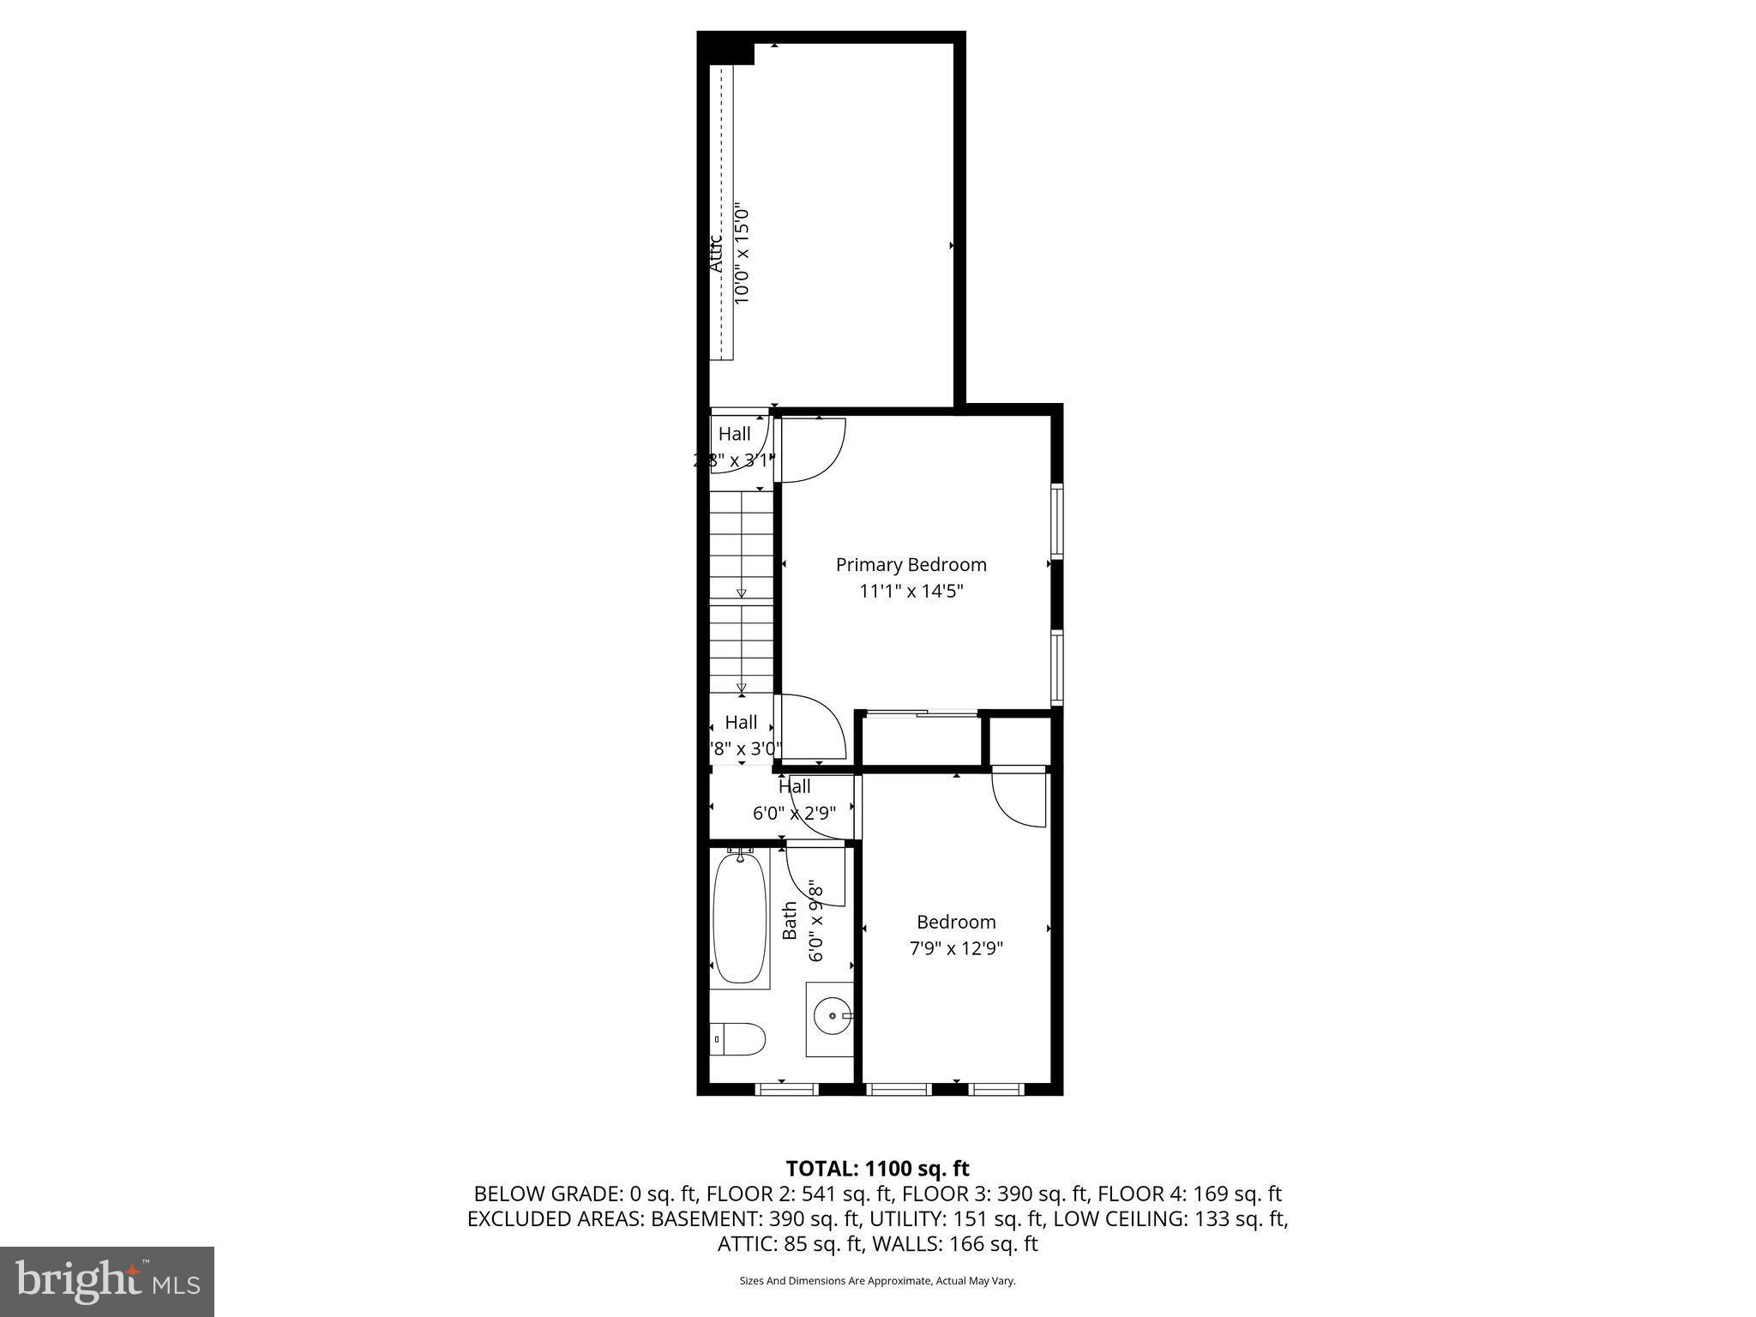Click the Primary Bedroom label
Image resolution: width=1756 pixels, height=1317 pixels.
coord(911,564)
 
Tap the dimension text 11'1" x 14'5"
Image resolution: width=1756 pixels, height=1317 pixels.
coord(911,591)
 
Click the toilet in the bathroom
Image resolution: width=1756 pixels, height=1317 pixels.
coord(739,1039)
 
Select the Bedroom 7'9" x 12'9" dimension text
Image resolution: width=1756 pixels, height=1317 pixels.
coord(956,948)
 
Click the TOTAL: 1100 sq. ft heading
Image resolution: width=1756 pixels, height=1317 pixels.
coord(877,1168)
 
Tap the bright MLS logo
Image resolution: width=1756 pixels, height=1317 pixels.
coord(107,1281)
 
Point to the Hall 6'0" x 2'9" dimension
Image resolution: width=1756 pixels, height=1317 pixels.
coord(794,812)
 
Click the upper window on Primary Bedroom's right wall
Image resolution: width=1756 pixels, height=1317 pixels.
coord(1057,522)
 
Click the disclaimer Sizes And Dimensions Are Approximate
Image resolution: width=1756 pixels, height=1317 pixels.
coord(877,1281)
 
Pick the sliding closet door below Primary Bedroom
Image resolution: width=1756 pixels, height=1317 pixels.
coord(921,713)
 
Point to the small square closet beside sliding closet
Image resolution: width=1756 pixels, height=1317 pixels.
coord(1020,741)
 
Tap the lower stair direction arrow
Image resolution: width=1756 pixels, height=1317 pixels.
coord(742,687)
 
